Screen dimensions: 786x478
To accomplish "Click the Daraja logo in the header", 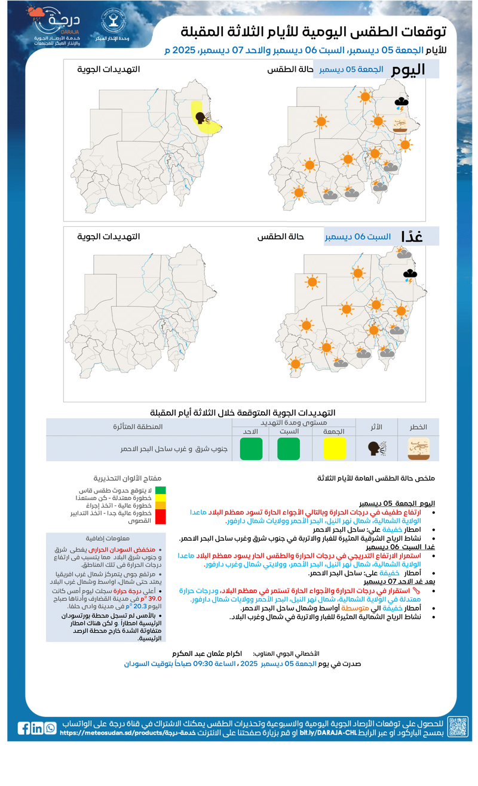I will pos(57,27).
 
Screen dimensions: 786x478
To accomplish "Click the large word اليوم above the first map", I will pos(408,69).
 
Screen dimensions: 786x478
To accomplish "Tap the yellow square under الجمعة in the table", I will pos(335,448).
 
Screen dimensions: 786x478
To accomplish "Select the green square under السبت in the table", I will pos(289,448).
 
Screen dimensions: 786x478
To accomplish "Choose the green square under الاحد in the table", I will pos(251,448).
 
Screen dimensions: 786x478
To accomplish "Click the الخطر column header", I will pos(418,427).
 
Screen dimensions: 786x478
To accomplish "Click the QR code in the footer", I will pos(458,727).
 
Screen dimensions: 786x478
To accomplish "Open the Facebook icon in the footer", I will pos(24,728).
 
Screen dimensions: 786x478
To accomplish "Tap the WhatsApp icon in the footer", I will pos(50,728).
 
